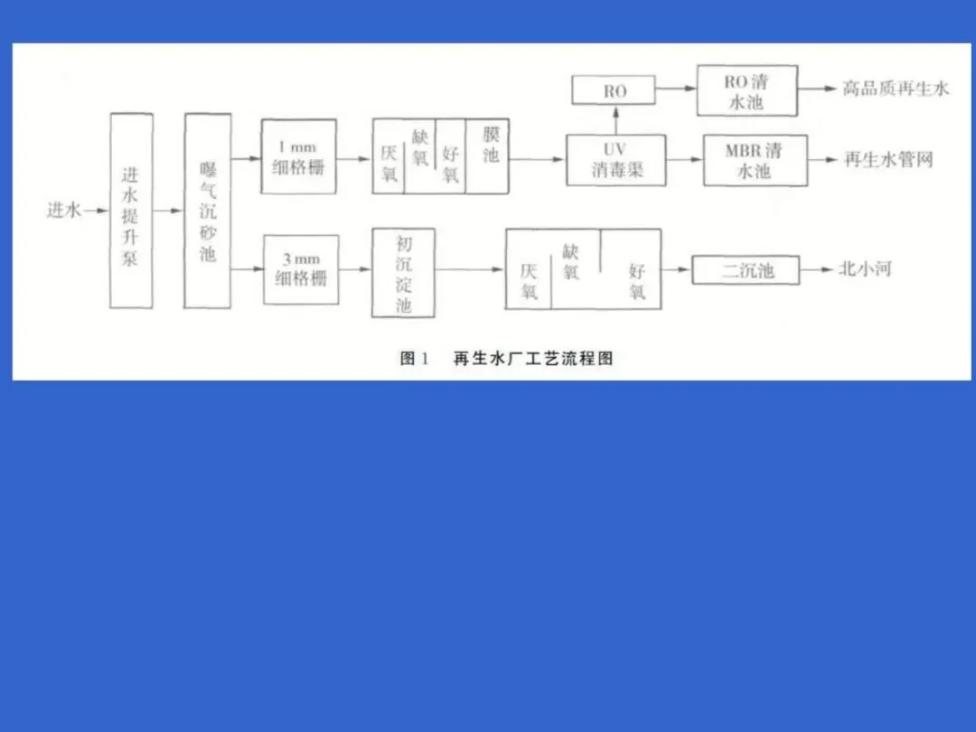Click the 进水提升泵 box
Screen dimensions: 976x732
[x=130, y=211]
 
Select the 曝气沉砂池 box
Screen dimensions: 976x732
[x=207, y=211]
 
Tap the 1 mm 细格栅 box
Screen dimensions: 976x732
[x=298, y=156]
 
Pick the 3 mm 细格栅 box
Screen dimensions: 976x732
[x=301, y=269]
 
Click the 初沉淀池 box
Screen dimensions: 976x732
[x=403, y=273]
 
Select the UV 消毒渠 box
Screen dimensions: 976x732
[x=615, y=160]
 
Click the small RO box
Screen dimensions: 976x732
[x=615, y=90]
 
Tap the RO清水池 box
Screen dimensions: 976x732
[x=746, y=90]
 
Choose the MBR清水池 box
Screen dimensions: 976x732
[x=755, y=160]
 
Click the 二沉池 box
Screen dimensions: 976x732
[x=746, y=270]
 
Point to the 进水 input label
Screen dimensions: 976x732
[x=63, y=211]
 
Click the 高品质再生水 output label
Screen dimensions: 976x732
[x=896, y=89]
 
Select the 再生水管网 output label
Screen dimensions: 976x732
[x=887, y=160]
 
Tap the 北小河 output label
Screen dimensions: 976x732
[x=865, y=269]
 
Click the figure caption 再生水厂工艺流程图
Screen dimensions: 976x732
[x=533, y=358]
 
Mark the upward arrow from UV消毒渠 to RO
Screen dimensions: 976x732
[x=615, y=118]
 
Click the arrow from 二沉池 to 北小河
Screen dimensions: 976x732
[x=818, y=270]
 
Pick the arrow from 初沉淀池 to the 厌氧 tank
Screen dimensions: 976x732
[x=470, y=269]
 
